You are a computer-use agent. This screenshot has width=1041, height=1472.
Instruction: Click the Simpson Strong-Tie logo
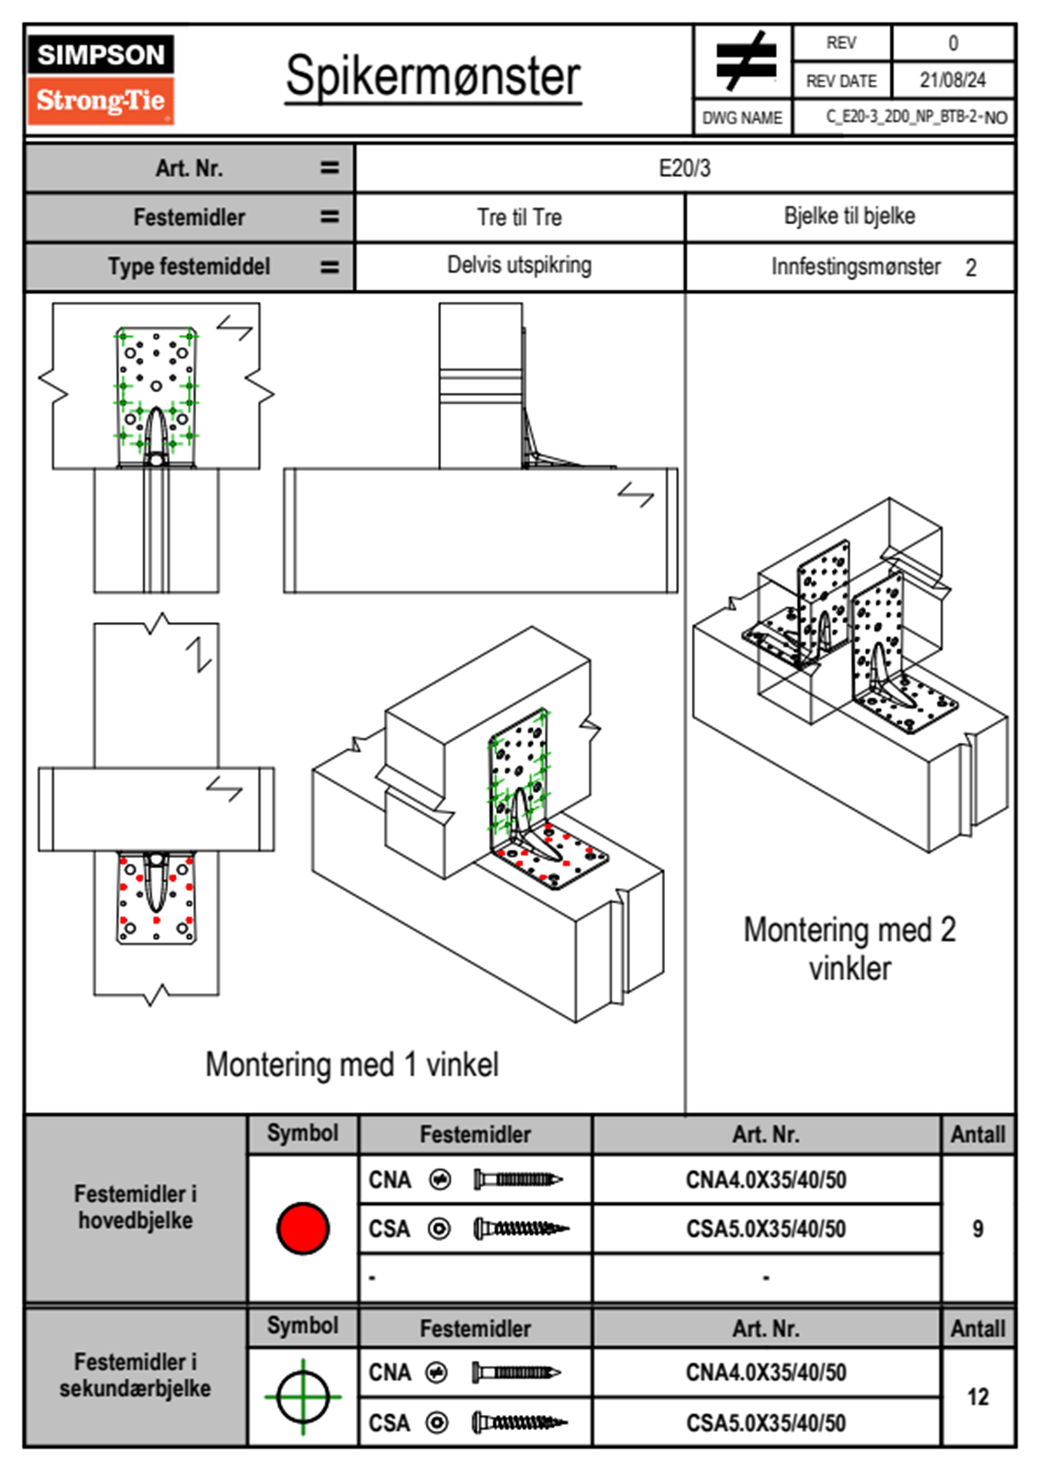pos(101,80)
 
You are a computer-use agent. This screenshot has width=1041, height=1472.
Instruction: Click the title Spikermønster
pos(433,76)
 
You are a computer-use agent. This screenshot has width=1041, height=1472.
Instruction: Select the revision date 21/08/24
pos(952,81)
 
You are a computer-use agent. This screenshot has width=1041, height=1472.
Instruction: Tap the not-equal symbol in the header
pos(744,61)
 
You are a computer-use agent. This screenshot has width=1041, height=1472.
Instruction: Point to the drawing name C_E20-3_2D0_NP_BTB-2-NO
pos(916,117)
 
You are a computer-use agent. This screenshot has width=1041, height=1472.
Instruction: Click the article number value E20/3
pos(684,168)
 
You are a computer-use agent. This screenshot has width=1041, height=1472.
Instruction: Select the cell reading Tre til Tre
pos(519,217)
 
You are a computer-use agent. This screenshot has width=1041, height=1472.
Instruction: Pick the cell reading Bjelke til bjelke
pos(849,216)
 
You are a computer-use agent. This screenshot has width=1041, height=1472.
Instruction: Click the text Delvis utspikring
pos(519,265)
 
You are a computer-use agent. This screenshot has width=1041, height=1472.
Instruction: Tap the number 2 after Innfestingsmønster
pos(971,268)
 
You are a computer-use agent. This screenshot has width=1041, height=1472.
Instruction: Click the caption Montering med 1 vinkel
pos(352,1064)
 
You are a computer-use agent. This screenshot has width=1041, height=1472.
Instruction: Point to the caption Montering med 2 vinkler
pos(849,949)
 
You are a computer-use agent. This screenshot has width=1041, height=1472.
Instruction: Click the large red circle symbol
pos(303,1228)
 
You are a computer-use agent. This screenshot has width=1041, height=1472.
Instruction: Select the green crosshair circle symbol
pos(303,1397)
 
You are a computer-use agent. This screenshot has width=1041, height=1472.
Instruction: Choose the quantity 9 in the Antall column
pos(977,1229)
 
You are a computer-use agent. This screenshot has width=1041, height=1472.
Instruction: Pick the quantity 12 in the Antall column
pos(977,1397)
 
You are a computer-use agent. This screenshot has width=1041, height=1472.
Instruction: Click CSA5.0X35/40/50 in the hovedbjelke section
pos(765,1230)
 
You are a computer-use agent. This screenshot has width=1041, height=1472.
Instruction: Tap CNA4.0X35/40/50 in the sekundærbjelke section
pos(765,1372)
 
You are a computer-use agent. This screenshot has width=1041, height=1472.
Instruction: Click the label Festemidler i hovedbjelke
pos(136,1207)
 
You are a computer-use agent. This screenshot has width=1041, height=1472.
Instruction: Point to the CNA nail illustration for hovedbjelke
pos(518,1180)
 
